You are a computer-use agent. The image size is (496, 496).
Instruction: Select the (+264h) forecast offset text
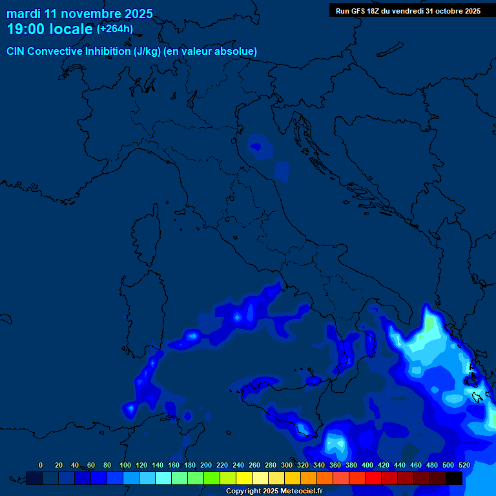(115, 29)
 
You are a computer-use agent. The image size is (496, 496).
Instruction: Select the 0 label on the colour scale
(41, 465)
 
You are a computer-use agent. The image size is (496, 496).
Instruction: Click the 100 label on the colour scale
(125, 465)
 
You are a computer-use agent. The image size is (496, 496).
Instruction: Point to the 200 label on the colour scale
(206, 465)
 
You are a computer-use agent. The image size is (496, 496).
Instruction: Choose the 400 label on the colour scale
(367, 465)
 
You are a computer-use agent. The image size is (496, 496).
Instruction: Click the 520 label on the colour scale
(464, 465)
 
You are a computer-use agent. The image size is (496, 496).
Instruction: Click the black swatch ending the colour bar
(454, 478)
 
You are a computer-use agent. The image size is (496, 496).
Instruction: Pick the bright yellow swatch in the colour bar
(244, 478)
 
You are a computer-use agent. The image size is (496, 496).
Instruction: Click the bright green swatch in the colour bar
(212, 478)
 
